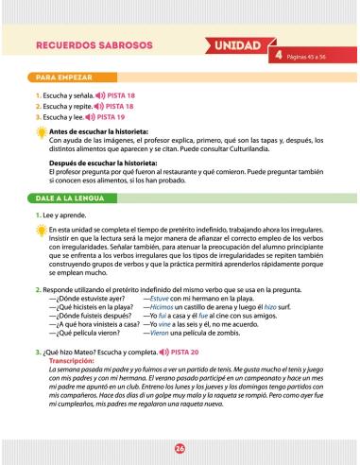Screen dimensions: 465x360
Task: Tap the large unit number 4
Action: tap(280, 56)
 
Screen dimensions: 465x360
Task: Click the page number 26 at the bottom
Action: tap(180, 446)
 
